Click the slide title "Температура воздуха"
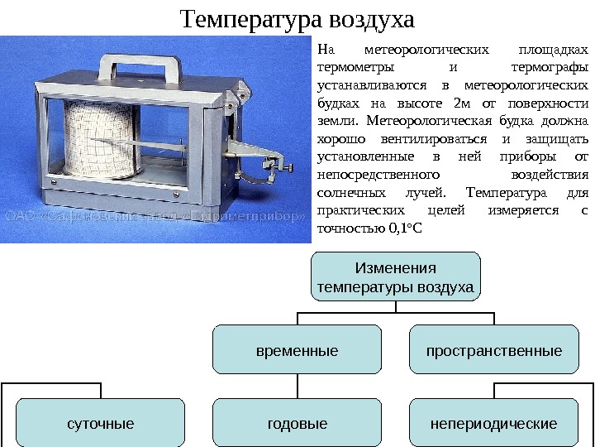297,17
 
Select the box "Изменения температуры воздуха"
395,278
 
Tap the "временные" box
297,350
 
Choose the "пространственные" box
494,350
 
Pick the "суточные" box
101,424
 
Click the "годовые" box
297,424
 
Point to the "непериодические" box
494,424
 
